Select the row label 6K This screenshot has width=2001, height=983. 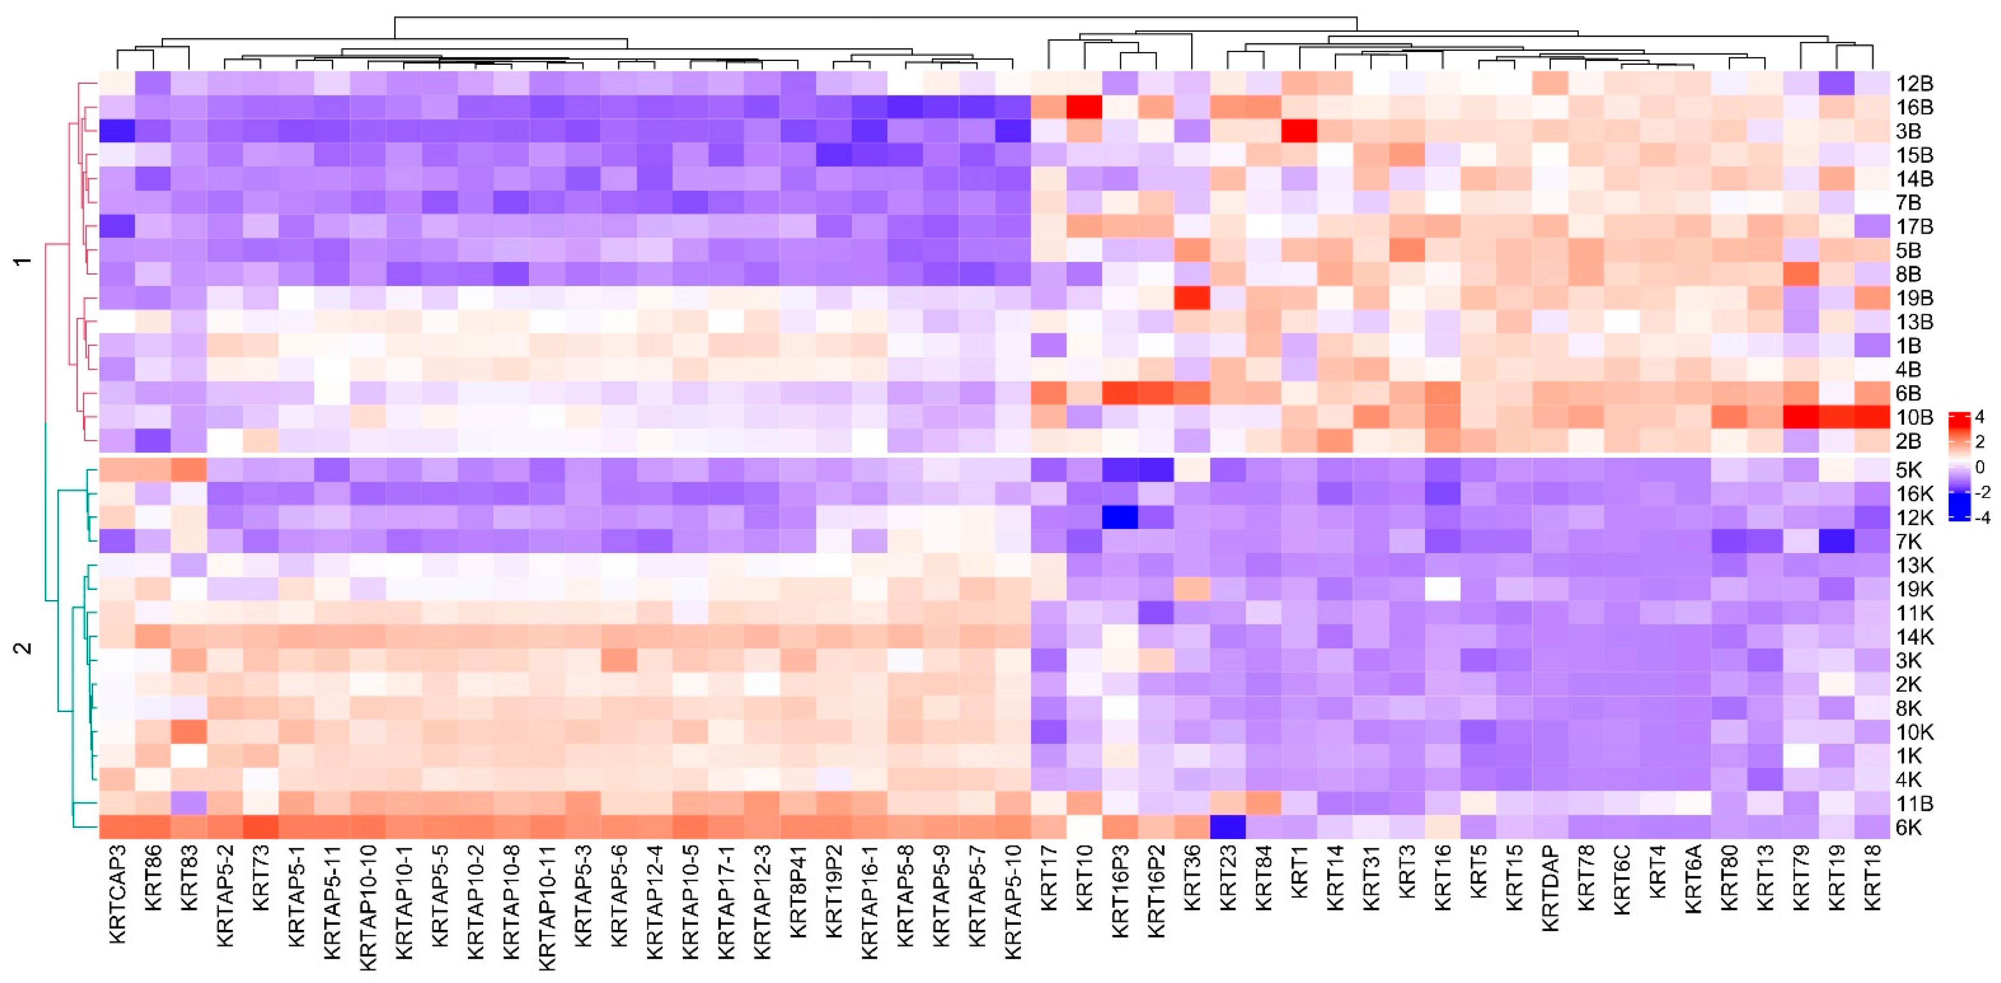(x=1909, y=828)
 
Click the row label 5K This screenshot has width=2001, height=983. (x=1909, y=470)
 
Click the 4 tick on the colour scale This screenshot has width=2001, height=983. (x=1979, y=418)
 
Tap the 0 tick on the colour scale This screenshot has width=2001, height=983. (x=1979, y=467)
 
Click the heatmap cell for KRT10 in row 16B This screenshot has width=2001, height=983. (x=1084, y=107)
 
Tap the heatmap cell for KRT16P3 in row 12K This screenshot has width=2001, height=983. (x=1120, y=517)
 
